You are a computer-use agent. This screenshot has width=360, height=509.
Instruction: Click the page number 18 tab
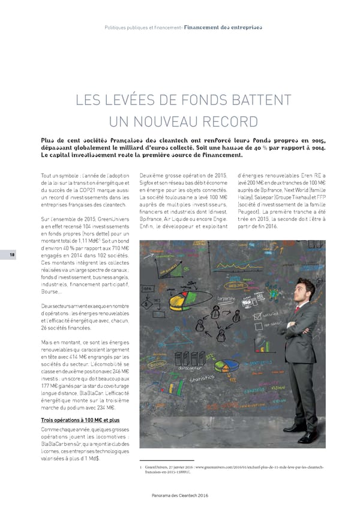click(11, 254)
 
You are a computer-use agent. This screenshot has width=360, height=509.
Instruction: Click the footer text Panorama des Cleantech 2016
click(180, 494)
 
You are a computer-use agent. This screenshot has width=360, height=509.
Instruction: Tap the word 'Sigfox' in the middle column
click(148, 182)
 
